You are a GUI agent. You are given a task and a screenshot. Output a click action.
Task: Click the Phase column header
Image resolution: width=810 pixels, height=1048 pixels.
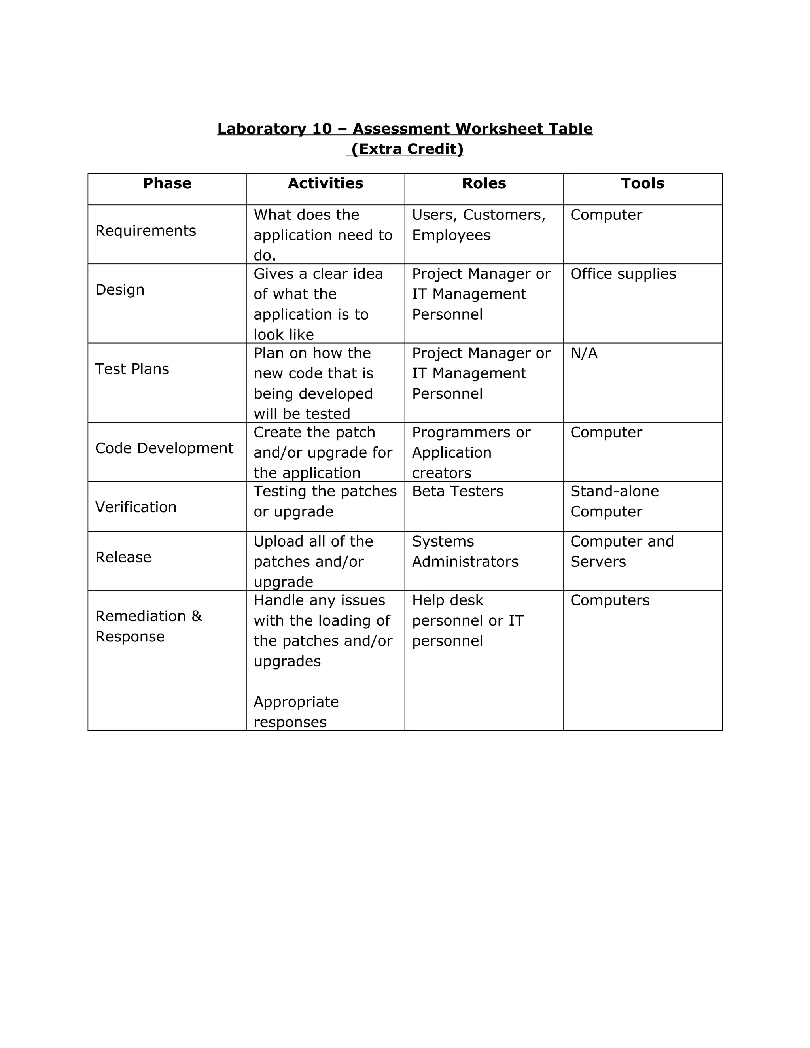tap(167, 183)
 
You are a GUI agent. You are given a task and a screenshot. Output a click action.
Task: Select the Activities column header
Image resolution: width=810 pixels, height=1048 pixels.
tap(326, 183)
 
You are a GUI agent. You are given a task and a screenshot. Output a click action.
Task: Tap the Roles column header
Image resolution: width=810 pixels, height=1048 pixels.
tap(484, 183)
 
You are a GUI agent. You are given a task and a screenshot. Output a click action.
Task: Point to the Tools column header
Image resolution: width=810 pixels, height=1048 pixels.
tap(643, 183)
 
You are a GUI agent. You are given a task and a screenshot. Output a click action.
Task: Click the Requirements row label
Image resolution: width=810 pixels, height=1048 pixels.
tap(146, 231)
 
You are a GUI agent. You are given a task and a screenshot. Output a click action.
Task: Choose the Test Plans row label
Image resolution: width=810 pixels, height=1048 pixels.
tap(132, 369)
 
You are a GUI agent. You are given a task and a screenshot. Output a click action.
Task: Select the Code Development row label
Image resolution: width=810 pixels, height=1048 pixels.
tap(164, 448)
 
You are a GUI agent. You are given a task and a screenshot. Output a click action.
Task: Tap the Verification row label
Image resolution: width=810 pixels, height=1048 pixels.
tap(136, 507)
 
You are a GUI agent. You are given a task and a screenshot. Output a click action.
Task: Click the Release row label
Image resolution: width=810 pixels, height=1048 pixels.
tap(123, 557)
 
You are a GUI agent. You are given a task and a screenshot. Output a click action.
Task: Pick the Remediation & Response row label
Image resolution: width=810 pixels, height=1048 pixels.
tap(148, 626)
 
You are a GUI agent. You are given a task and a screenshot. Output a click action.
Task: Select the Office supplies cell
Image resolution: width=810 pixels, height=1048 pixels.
tap(623, 274)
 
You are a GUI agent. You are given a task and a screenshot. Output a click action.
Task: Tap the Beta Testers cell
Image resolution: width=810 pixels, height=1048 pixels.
tap(457, 491)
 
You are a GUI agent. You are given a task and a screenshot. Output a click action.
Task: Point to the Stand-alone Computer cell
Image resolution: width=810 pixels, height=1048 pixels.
tap(614, 501)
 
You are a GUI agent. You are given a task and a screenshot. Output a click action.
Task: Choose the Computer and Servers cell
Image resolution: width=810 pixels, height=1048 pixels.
tap(621, 551)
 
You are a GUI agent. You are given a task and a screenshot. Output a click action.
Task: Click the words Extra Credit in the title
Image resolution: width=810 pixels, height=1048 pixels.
tap(407, 149)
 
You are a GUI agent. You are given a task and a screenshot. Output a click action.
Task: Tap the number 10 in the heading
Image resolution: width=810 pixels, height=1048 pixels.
tap(322, 129)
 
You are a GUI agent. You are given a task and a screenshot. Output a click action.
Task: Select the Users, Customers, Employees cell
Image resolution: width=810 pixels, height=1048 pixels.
tap(479, 225)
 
